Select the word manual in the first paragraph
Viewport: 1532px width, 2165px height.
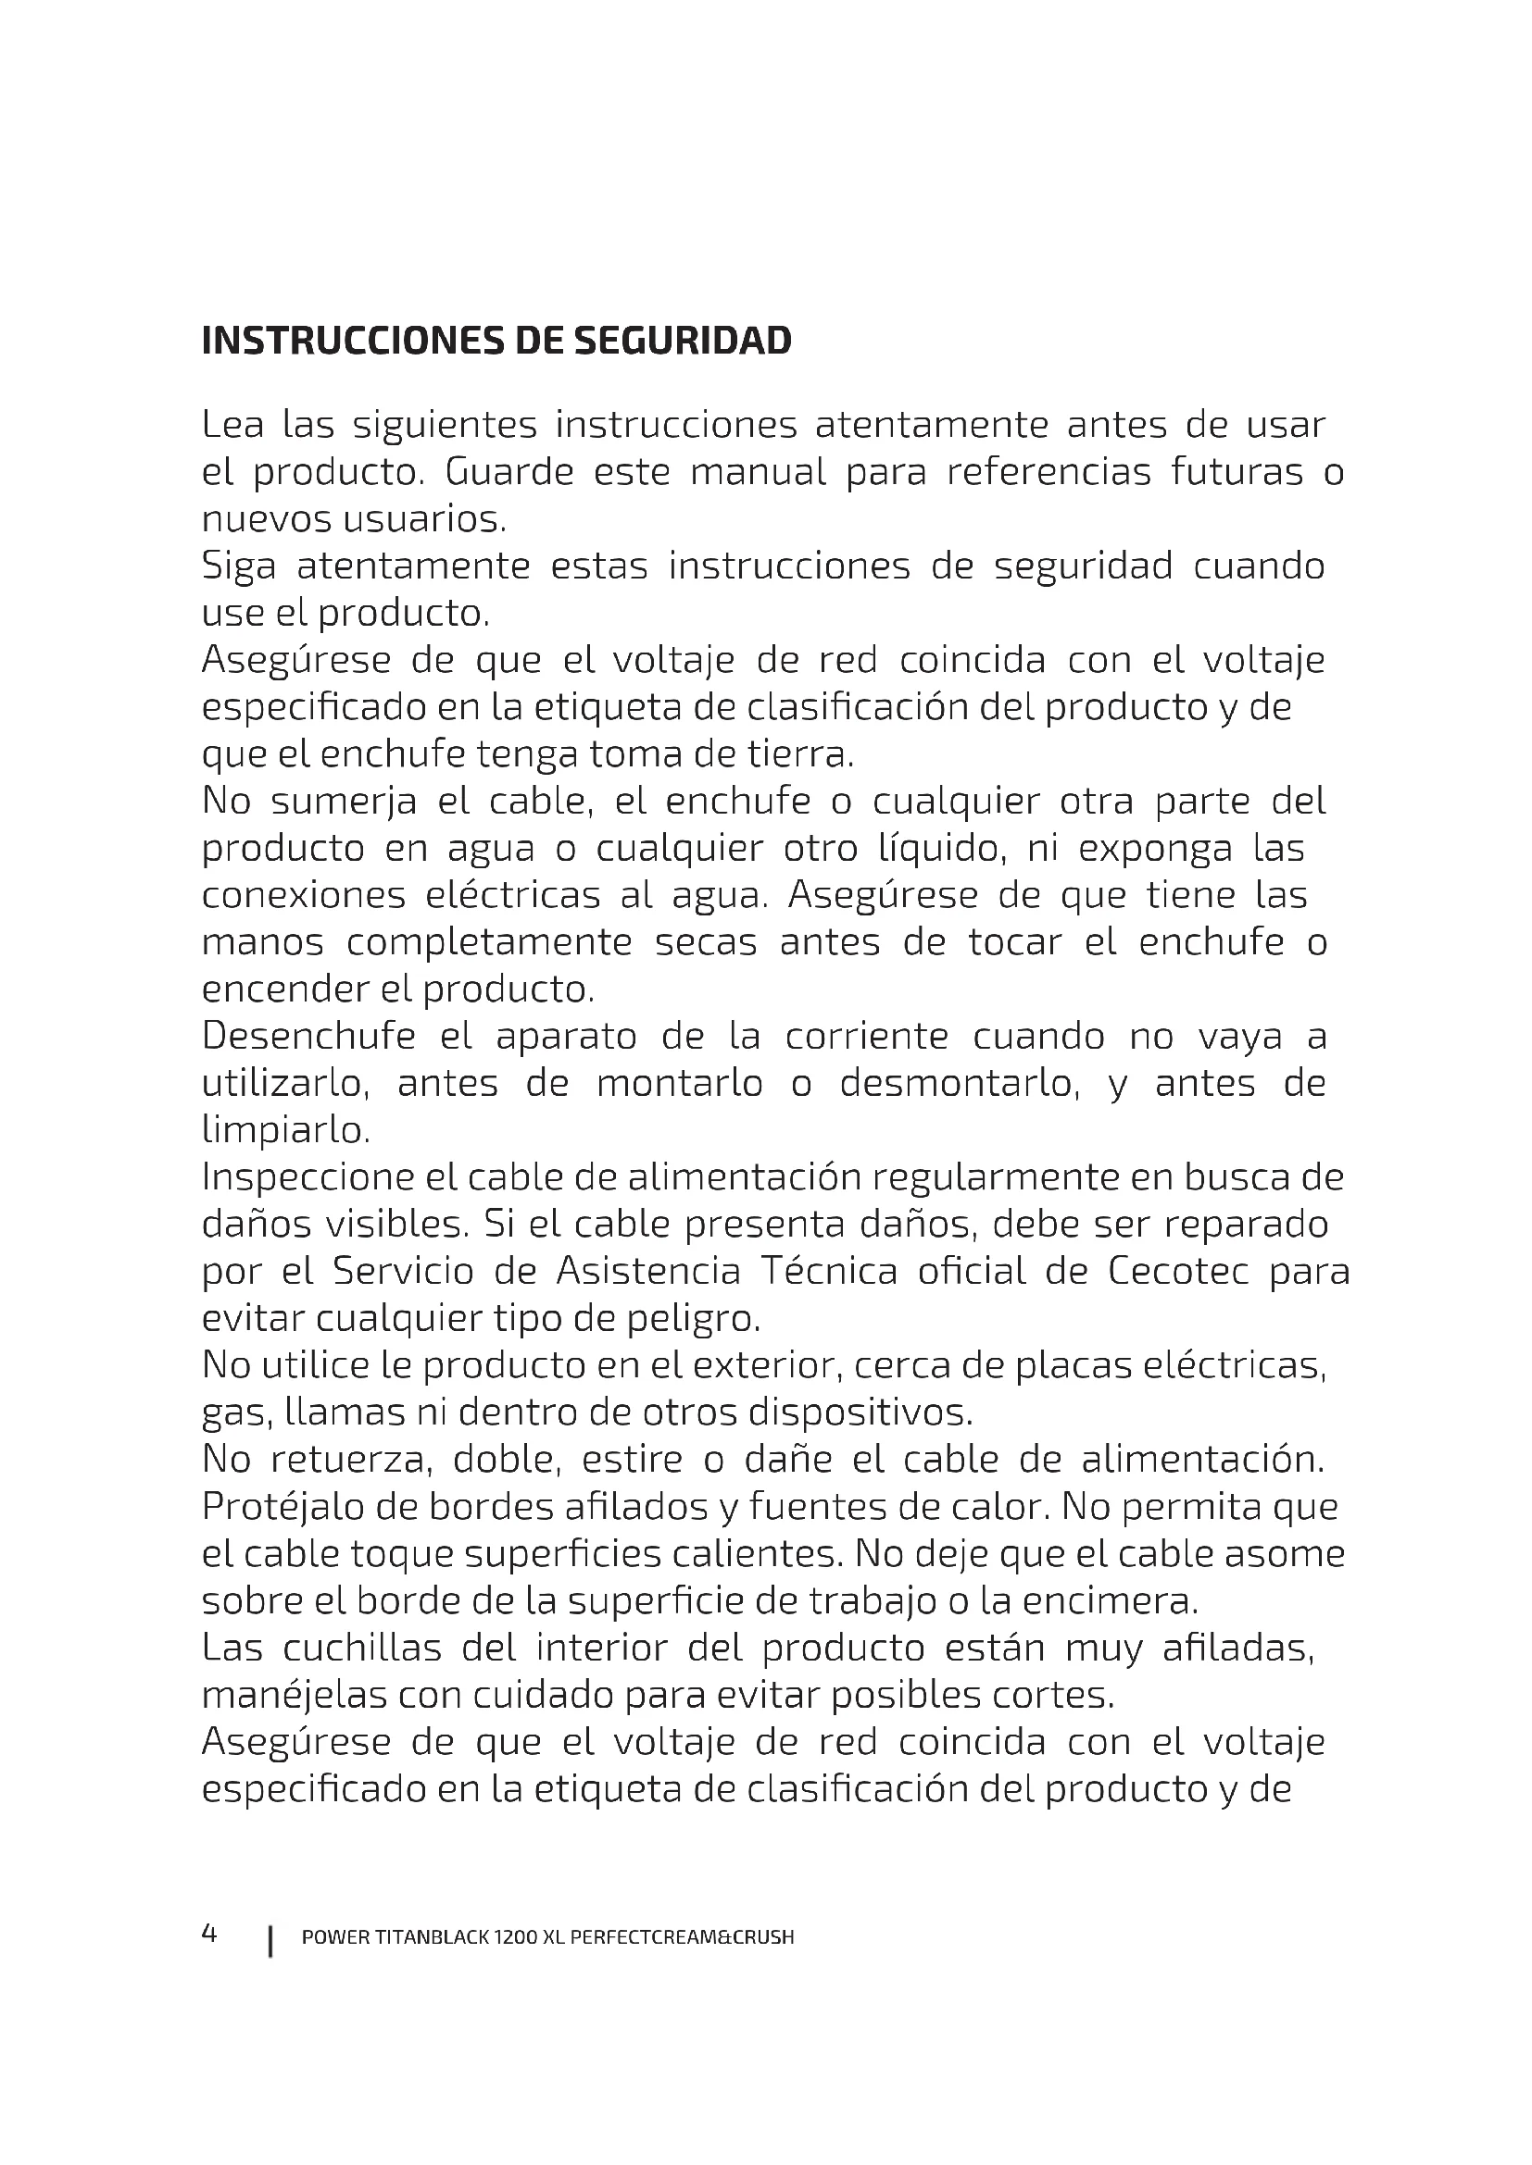758,471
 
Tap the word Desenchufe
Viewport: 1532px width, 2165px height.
308,1038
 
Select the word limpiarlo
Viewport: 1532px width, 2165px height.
285,1130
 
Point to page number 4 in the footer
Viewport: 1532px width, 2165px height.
209,1934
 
